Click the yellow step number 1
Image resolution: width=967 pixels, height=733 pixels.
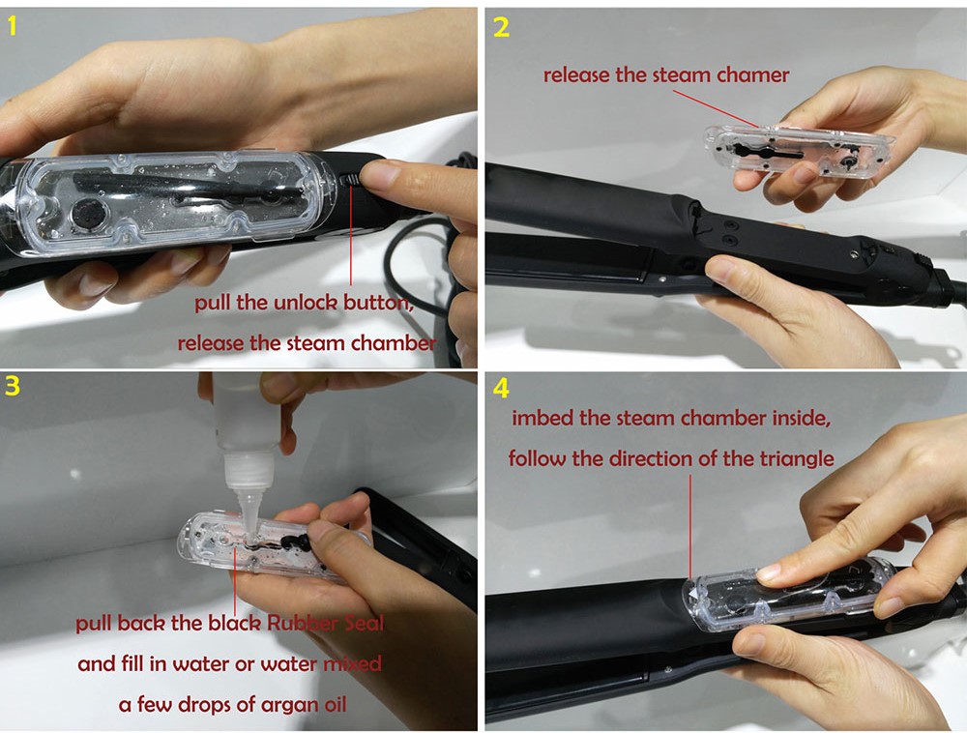tap(12, 26)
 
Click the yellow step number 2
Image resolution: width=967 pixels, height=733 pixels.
tap(501, 27)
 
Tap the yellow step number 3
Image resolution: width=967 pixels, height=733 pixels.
tap(13, 386)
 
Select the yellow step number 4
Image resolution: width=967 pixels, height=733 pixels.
tap(501, 389)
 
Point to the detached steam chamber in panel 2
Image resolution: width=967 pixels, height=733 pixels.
tap(800, 152)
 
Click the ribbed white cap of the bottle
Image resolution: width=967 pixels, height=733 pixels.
tap(248, 469)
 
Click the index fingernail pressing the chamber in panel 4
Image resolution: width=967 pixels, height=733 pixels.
tap(769, 573)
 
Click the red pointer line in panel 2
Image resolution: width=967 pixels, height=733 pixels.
tap(717, 109)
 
